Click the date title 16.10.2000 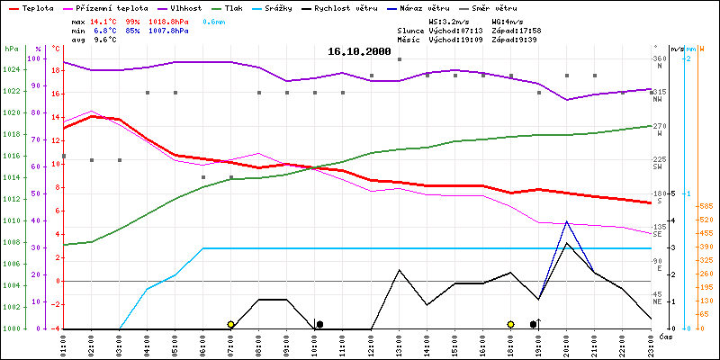click(x=359, y=52)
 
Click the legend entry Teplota click(x=37, y=7)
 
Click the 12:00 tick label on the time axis click(x=371, y=343)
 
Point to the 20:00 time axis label click(x=567, y=343)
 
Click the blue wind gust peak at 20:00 click(x=567, y=221)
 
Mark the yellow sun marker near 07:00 click(x=230, y=324)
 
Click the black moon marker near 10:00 click(x=319, y=324)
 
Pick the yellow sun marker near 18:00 click(x=510, y=324)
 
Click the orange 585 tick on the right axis click(x=705, y=206)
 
